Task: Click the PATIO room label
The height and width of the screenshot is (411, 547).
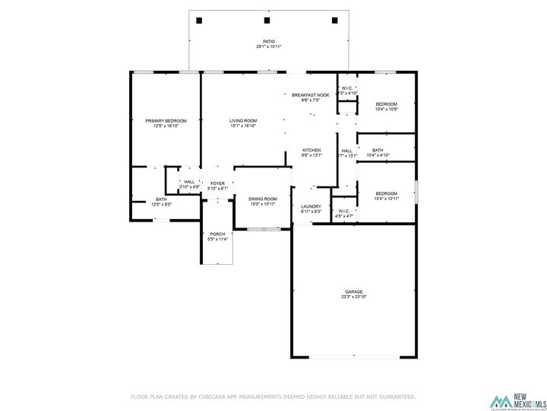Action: coord(268,42)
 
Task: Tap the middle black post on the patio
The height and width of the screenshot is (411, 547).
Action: coord(267,21)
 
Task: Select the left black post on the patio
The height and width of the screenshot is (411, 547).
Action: coord(199,21)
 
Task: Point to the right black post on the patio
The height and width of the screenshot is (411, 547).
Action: coord(334,21)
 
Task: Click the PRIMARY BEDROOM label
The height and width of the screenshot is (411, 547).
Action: coord(166,121)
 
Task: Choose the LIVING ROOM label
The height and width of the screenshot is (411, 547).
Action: coord(243,121)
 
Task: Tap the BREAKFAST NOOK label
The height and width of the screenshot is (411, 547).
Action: coord(311,95)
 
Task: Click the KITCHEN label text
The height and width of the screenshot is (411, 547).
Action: coord(311,150)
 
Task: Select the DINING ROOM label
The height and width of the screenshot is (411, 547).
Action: coord(263,199)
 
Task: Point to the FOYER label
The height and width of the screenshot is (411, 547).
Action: coord(217,183)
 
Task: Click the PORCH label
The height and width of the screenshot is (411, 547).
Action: coord(217,234)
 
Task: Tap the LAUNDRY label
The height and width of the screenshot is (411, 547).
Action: coord(311,206)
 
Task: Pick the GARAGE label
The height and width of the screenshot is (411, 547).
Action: coord(353,292)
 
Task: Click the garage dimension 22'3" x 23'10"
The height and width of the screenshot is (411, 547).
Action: coord(353,297)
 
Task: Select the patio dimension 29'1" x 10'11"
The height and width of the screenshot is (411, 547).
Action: coord(268,47)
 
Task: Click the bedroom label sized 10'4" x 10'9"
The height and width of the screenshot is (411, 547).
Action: coord(387,104)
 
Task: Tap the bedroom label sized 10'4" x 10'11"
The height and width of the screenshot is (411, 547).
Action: coord(387,193)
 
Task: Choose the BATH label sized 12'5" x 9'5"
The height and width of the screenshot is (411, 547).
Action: coord(140,199)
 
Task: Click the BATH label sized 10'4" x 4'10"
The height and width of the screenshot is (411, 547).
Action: coord(378,150)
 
